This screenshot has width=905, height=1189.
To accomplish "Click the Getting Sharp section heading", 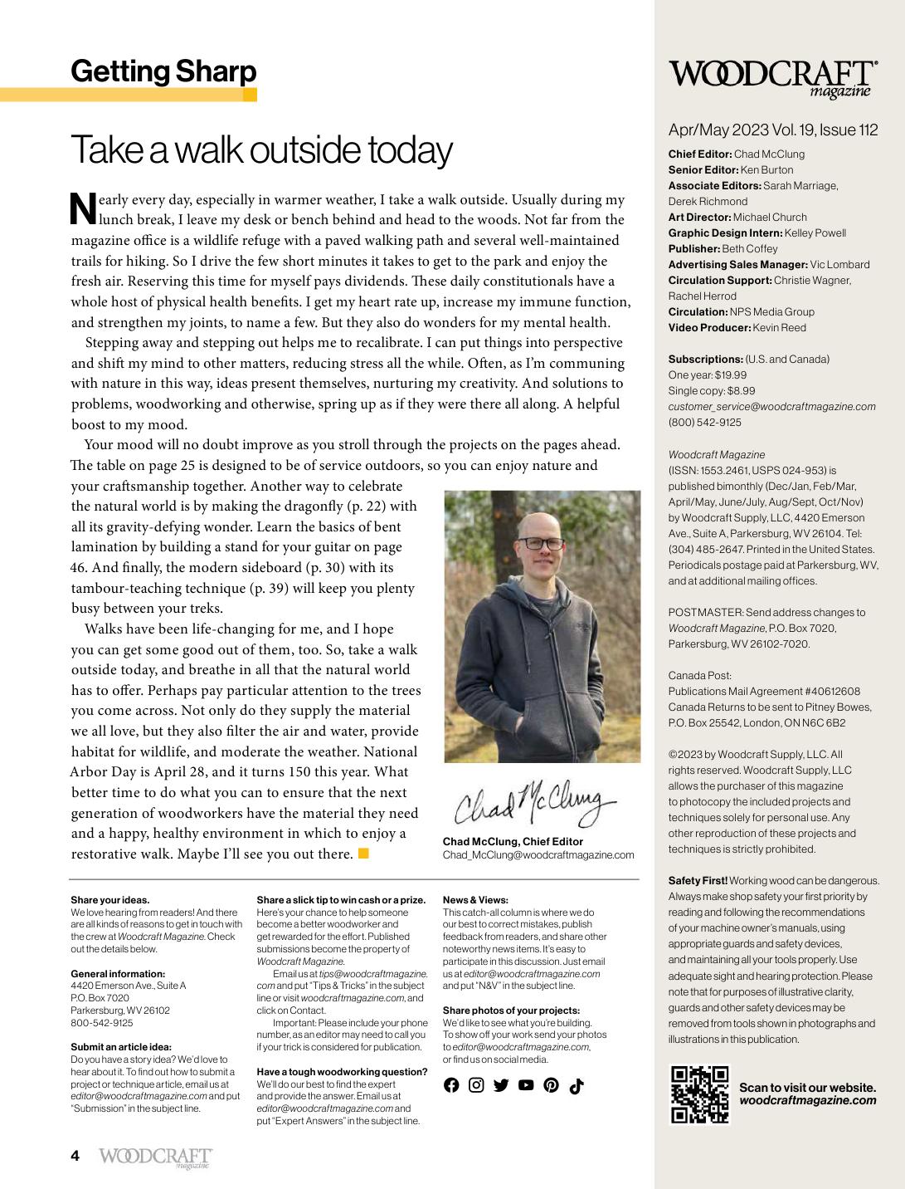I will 163,71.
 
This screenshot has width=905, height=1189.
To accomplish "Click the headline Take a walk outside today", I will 261,150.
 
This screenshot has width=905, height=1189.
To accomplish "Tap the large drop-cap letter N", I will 83,209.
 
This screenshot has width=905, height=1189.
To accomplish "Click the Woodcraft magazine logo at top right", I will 773,78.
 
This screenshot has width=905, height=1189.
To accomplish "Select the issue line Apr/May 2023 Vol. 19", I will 772,130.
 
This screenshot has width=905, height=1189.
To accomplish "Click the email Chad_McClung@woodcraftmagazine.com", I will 538,855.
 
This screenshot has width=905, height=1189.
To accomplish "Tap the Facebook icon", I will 451,1085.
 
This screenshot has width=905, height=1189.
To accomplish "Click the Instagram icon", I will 476,1085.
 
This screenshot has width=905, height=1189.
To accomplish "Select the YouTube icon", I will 526,1085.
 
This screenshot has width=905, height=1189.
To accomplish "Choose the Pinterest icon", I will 551,1085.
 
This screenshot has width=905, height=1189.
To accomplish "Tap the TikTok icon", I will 577,1086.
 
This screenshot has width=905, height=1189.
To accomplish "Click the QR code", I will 699,1094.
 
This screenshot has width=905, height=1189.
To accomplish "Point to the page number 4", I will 75,1156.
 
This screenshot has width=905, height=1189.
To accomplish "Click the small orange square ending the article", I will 363,853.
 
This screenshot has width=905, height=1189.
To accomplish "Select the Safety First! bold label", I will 698,881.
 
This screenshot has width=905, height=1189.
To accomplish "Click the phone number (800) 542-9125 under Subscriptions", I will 704,423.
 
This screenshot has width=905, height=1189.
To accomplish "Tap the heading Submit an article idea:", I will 121,1047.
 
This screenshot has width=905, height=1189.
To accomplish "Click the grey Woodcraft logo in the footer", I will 155,1157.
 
